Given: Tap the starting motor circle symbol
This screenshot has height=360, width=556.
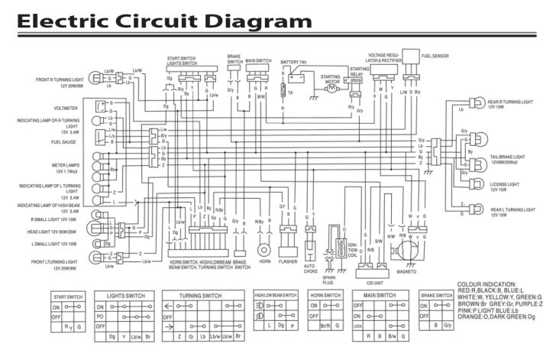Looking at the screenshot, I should [x=331, y=89].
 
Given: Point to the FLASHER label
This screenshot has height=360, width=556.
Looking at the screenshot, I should [x=289, y=261].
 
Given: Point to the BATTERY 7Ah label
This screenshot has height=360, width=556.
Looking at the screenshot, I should [x=293, y=61].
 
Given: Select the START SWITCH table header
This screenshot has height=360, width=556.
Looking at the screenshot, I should [x=66, y=295].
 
